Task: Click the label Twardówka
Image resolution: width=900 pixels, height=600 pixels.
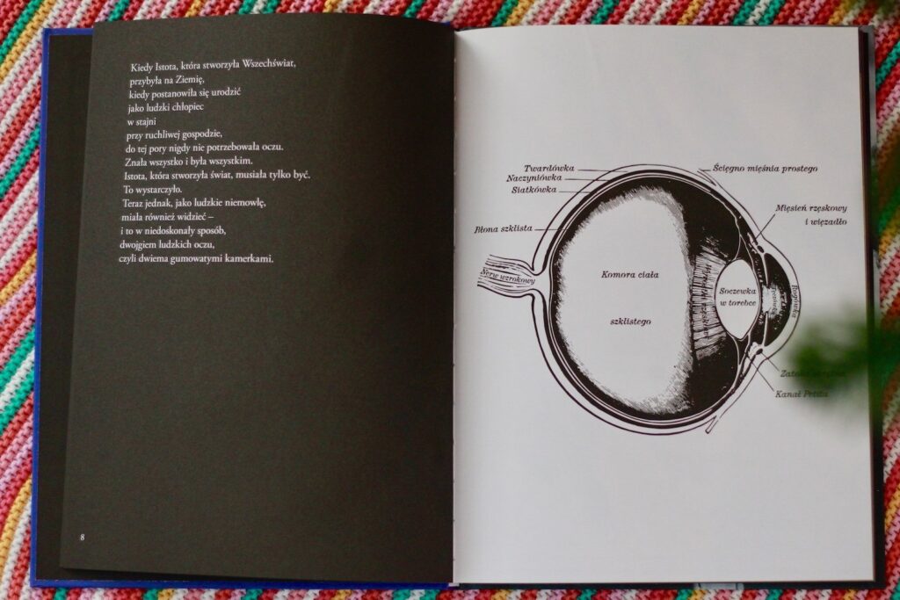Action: [x=549, y=168]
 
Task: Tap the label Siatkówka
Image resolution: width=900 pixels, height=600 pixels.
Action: [x=533, y=189]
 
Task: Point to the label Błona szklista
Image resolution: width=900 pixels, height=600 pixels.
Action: [x=504, y=229]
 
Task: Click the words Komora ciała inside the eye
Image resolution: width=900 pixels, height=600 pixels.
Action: [x=629, y=275]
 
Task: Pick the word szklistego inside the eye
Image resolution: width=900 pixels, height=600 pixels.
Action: [x=630, y=322]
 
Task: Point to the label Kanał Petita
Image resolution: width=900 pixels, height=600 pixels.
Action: [x=800, y=394]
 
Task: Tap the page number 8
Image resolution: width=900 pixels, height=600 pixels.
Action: [x=82, y=537]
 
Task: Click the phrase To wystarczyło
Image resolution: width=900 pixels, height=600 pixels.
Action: [x=152, y=189]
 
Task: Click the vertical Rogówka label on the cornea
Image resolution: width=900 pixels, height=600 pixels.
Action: [x=795, y=294]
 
